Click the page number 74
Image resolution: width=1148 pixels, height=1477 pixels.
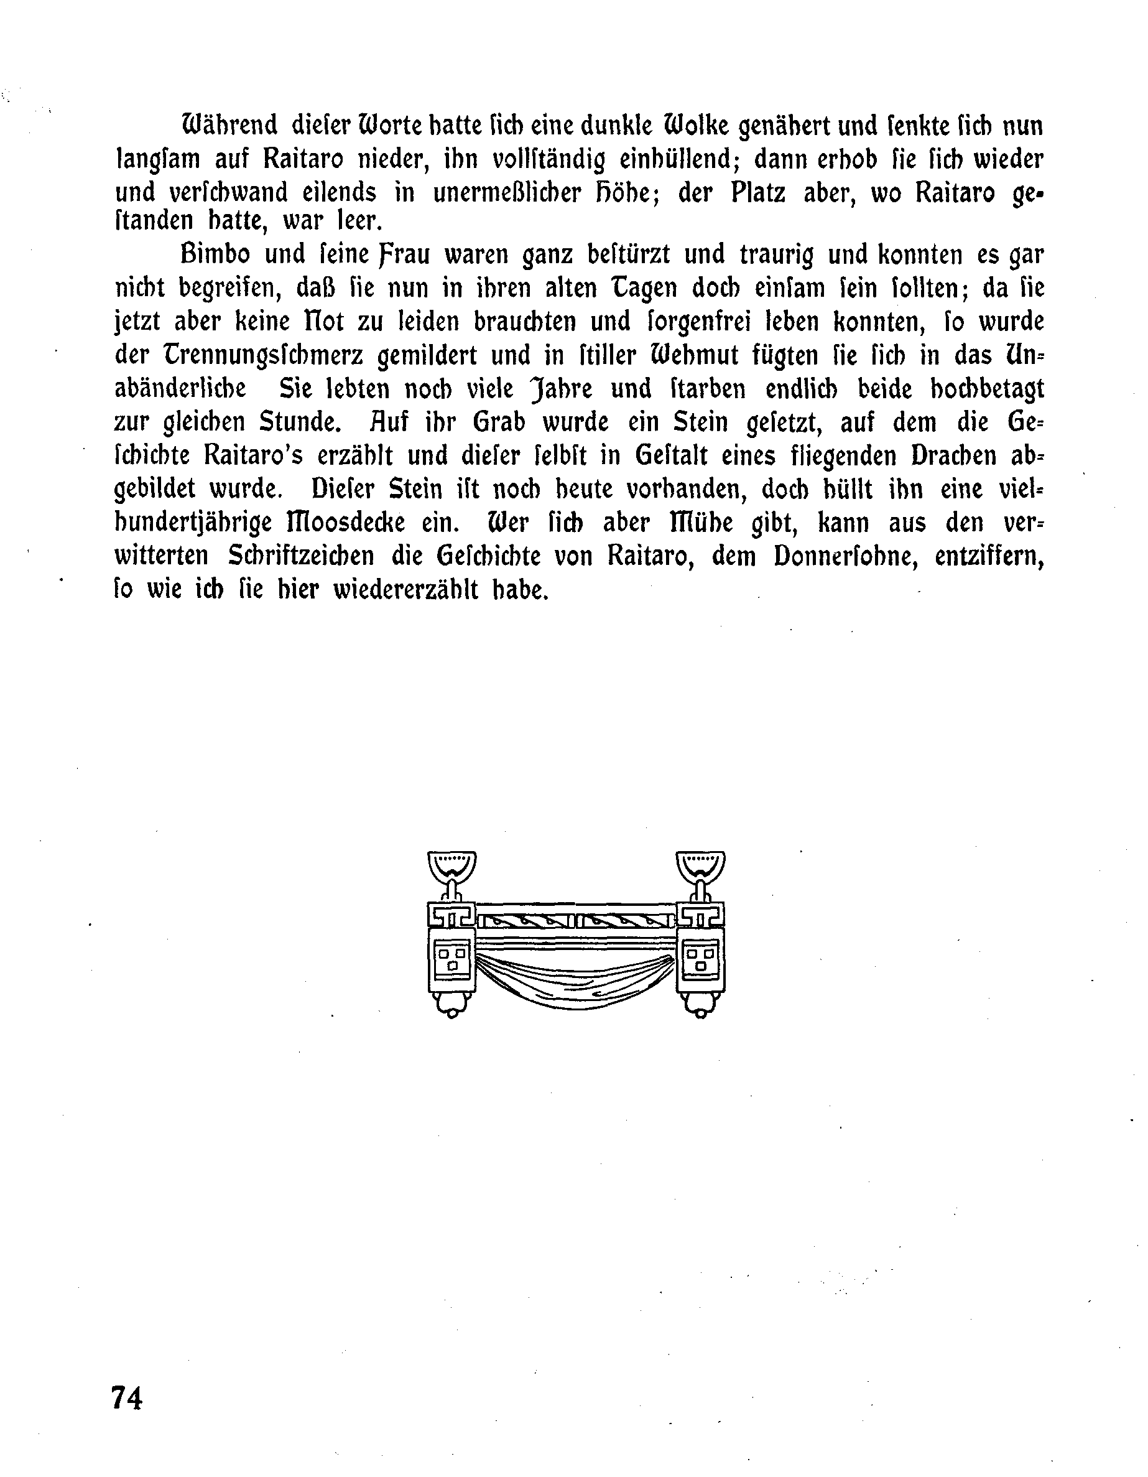(x=127, y=1397)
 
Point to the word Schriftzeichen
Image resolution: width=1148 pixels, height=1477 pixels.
(x=300, y=556)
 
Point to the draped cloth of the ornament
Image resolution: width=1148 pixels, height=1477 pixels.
(x=576, y=978)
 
